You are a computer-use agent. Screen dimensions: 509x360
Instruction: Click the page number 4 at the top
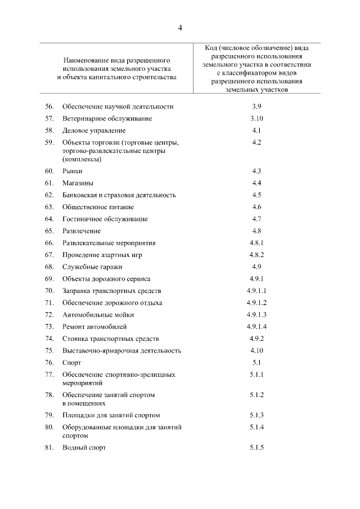pos(179,28)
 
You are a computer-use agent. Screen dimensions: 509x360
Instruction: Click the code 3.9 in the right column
pos(256,106)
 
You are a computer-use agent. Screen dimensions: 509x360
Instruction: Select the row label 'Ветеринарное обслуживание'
pos(107,119)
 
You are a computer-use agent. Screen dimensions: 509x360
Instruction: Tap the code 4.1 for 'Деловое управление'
pos(256,130)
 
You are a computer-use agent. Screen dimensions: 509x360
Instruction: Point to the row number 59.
pos(49,143)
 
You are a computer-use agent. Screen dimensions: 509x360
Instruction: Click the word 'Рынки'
pos(73,170)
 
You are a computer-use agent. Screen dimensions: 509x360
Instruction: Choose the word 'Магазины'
pos(78,183)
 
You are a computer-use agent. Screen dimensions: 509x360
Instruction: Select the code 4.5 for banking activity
pos(256,195)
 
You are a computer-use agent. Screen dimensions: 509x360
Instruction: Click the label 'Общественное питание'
pos(98,207)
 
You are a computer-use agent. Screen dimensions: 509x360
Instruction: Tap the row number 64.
pos(49,219)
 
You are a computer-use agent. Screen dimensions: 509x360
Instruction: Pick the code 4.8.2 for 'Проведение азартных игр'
pos(256,255)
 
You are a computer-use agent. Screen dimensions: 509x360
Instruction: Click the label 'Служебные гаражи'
pos(92,267)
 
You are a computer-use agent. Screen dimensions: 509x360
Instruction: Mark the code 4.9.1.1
pos(256,291)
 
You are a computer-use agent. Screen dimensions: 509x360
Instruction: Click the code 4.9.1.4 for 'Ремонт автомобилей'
pos(256,327)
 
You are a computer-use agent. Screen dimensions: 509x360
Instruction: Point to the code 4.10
pos(256,350)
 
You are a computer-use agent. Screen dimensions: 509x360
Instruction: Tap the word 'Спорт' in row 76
pos(72,363)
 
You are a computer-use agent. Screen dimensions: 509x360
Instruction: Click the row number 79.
pos(49,415)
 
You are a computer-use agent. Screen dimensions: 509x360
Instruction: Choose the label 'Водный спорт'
pos(84,448)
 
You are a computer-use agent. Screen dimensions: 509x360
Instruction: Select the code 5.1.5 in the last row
pos(256,448)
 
